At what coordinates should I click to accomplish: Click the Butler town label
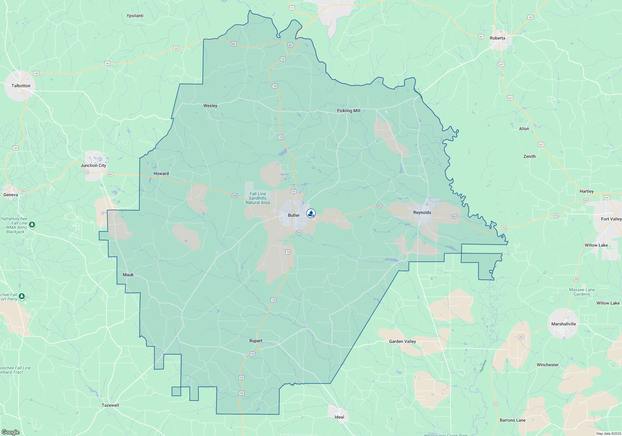pyautogui.click(x=294, y=215)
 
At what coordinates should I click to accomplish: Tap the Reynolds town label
pyautogui.click(x=422, y=212)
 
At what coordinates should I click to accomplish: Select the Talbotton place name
pyautogui.click(x=21, y=86)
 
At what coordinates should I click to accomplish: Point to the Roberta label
pyautogui.click(x=497, y=38)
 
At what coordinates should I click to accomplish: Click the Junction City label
pyautogui.click(x=93, y=165)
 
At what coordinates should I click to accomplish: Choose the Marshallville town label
pyautogui.click(x=564, y=324)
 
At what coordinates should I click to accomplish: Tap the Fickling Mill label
pyautogui.click(x=349, y=111)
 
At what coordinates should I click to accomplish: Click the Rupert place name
pyautogui.click(x=256, y=341)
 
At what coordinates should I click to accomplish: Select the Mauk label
pyautogui.click(x=128, y=275)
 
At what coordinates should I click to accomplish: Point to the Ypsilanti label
pyautogui.click(x=135, y=16)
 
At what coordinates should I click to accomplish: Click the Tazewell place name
pyautogui.click(x=110, y=405)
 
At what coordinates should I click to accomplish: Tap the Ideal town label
pyautogui.click(x=339, y=417)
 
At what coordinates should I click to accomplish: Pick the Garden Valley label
pyautogui.click(x=402, y=341)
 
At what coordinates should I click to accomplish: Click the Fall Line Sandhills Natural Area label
pyautogui.click(x=258, y=198)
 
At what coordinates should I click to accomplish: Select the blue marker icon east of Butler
pyautogui.click(x=311, y=213)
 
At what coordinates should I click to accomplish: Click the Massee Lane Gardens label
pyautogui.click(x=582, y=292)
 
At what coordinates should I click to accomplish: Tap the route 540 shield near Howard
pyautogui.click(x=234, y=196)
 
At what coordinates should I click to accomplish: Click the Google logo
pyautogui.click(x=11, y=432)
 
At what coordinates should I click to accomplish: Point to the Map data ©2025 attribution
pyautogui.click(x=608, y=434)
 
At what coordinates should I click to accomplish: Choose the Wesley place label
pyautogui.click(x=210, y=106)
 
